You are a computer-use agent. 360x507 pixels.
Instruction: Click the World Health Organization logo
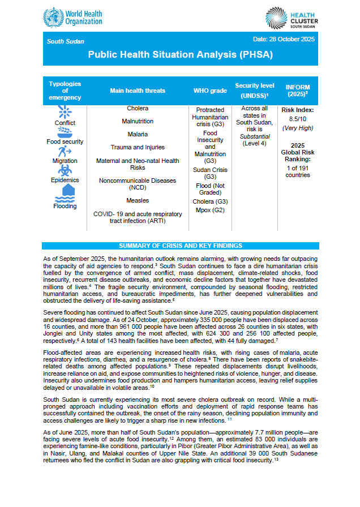pos(72,17)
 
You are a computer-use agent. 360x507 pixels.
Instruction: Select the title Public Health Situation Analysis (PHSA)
pos(180,55)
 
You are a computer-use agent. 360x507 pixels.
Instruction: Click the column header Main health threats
pos(138,91)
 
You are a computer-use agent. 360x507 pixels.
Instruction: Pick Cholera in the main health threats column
pos(138,108)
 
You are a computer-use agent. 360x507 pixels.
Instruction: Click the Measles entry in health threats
pos(138,200)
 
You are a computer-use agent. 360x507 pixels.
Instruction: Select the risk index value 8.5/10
pos(297,119)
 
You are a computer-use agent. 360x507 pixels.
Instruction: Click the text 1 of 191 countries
pos(297,171)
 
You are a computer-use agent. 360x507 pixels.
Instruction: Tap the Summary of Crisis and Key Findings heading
pos(180,246)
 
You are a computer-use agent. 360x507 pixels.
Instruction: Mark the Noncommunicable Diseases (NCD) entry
pos(138,184)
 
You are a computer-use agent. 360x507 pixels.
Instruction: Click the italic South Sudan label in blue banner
pos(65,42)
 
